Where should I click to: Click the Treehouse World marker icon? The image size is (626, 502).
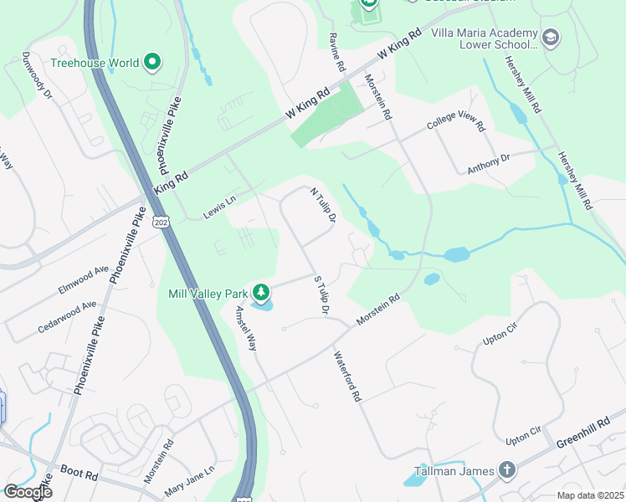point(152,62)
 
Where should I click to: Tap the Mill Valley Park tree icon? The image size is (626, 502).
point(261,292)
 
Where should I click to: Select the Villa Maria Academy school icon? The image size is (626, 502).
point(551,37)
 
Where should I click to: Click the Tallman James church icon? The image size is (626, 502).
point(506,470)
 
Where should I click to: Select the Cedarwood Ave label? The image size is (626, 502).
point(67,317)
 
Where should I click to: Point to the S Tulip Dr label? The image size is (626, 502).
point(319,295)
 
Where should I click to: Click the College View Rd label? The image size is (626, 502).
point(455,123)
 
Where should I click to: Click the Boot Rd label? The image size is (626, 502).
point(80,474)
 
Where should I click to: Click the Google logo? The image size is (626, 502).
point(28,492)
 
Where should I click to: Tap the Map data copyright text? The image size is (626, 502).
point(590,495)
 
